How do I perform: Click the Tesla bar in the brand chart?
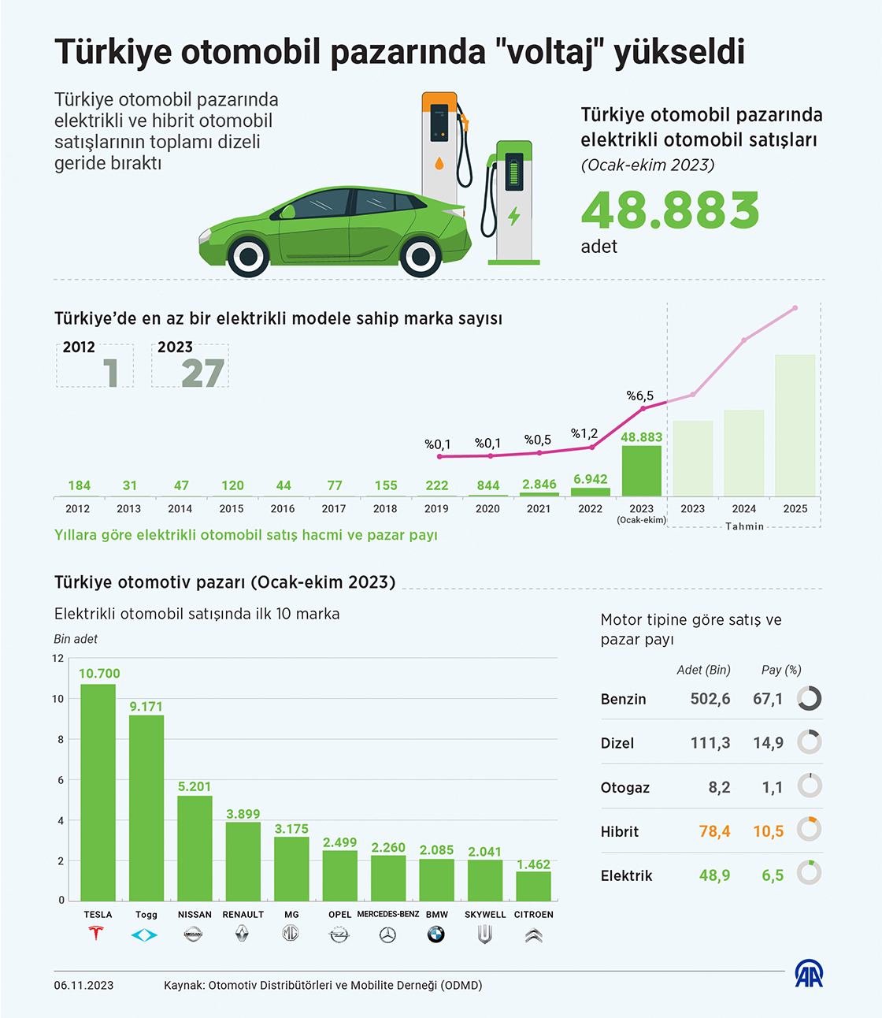[98, 792]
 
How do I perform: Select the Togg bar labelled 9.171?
[146, 808]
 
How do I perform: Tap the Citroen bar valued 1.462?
[533, 886]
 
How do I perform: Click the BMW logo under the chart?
[436, 934]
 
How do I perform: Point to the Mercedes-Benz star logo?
[387, 935]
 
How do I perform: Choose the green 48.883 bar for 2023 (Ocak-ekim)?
[641, 471]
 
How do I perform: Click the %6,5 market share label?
[639, 396]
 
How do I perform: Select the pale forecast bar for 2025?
[795, 425]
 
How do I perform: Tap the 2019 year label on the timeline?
[436, 509]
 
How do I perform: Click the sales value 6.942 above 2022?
[590, 479]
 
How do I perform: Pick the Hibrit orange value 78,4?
[714, 831]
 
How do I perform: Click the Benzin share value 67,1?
[768, 699]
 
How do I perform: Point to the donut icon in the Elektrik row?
[810, 873]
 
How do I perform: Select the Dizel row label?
[617, 743]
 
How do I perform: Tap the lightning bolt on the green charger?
[514, 216]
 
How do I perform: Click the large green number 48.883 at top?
[670, 210]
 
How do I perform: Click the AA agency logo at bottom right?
[809, 975]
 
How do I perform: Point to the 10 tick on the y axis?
[58, 699]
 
